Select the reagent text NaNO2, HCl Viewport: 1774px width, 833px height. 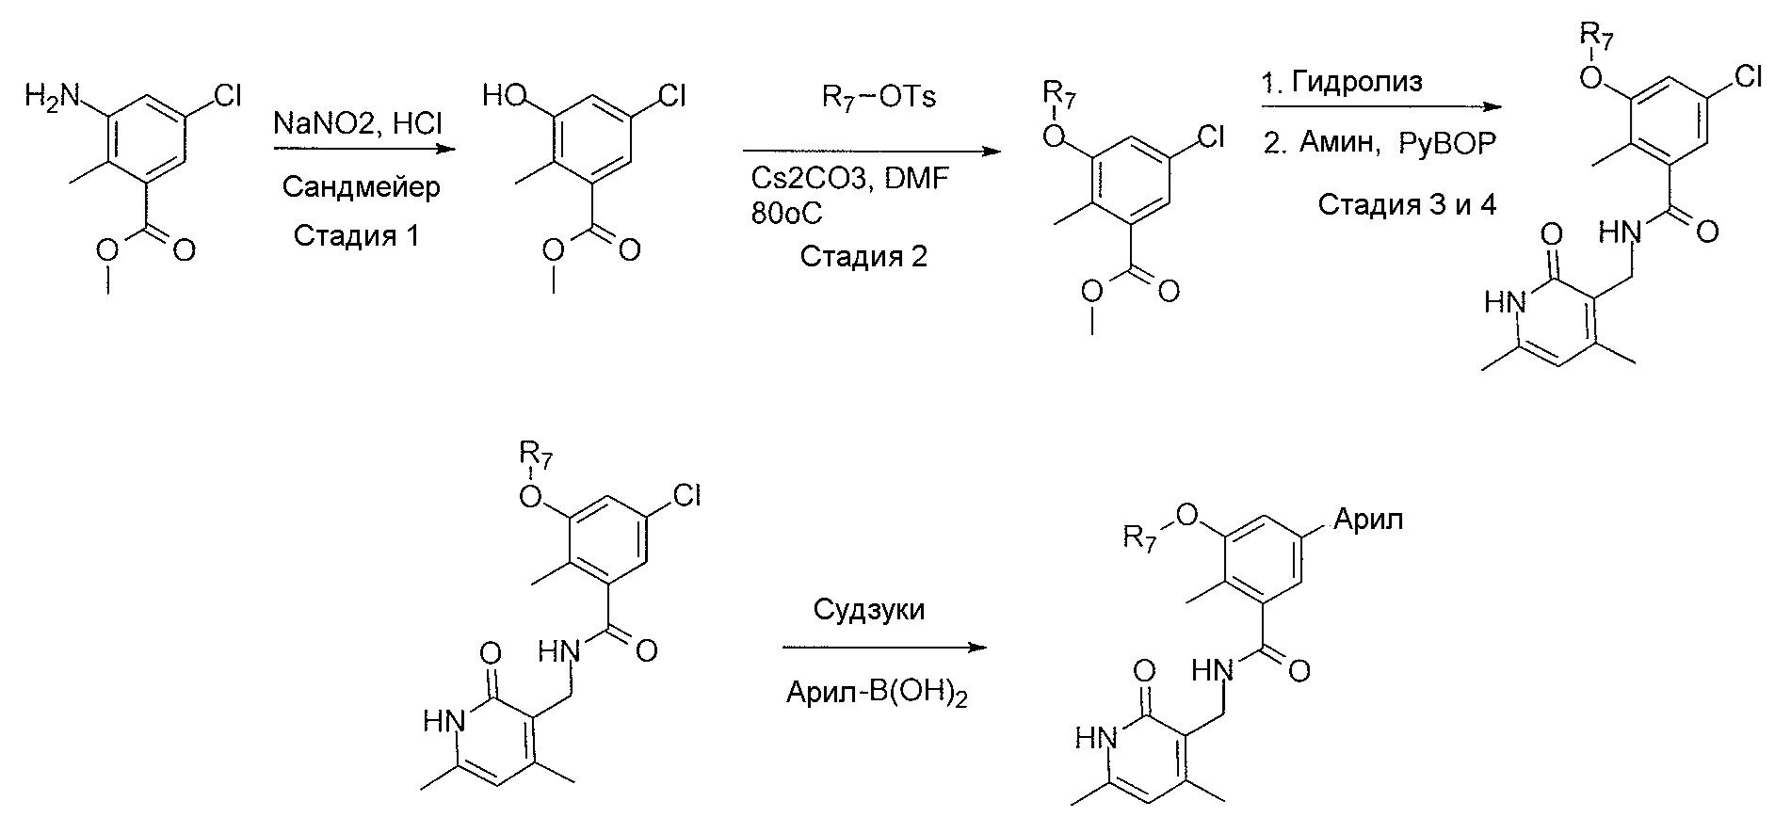[x=357, y=123]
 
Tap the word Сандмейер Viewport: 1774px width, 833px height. [x=361, y=187]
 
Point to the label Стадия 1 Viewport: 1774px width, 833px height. [x=356, y=234]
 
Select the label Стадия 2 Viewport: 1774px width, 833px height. [x=863, y=256]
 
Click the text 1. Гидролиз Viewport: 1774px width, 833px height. [x=1342, y=83]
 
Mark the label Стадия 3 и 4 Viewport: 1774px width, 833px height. [x=1406, y=204]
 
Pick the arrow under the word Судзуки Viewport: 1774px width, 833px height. [x=884, y=649]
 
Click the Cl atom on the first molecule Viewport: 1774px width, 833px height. [x=229, y=95]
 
